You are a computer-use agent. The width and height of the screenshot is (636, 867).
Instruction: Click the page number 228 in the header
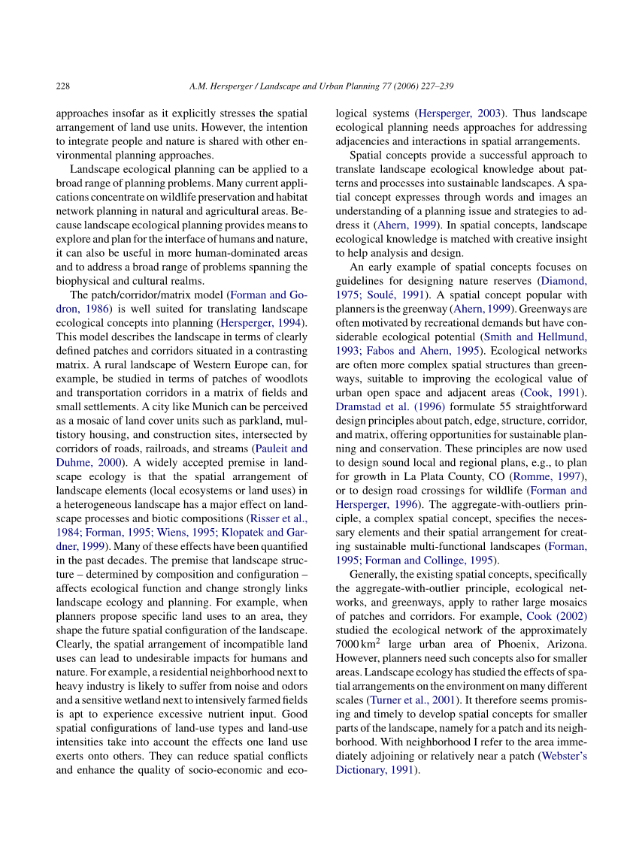point(63,86)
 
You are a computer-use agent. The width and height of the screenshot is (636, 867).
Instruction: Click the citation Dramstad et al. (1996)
point(378,407)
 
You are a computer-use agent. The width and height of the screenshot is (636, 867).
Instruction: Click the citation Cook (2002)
point(556,616)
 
